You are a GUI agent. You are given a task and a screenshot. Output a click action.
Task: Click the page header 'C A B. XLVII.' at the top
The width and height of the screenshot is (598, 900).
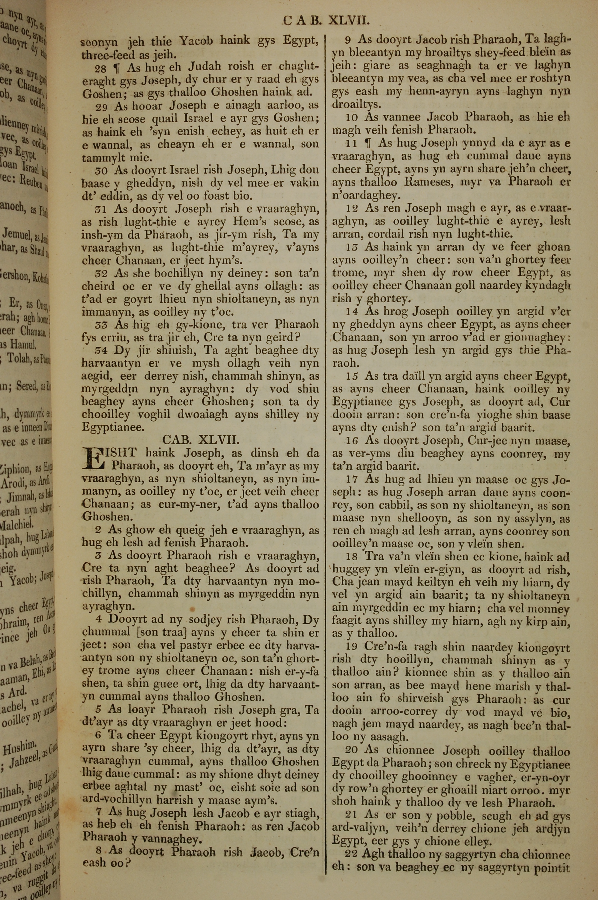[327, 20]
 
